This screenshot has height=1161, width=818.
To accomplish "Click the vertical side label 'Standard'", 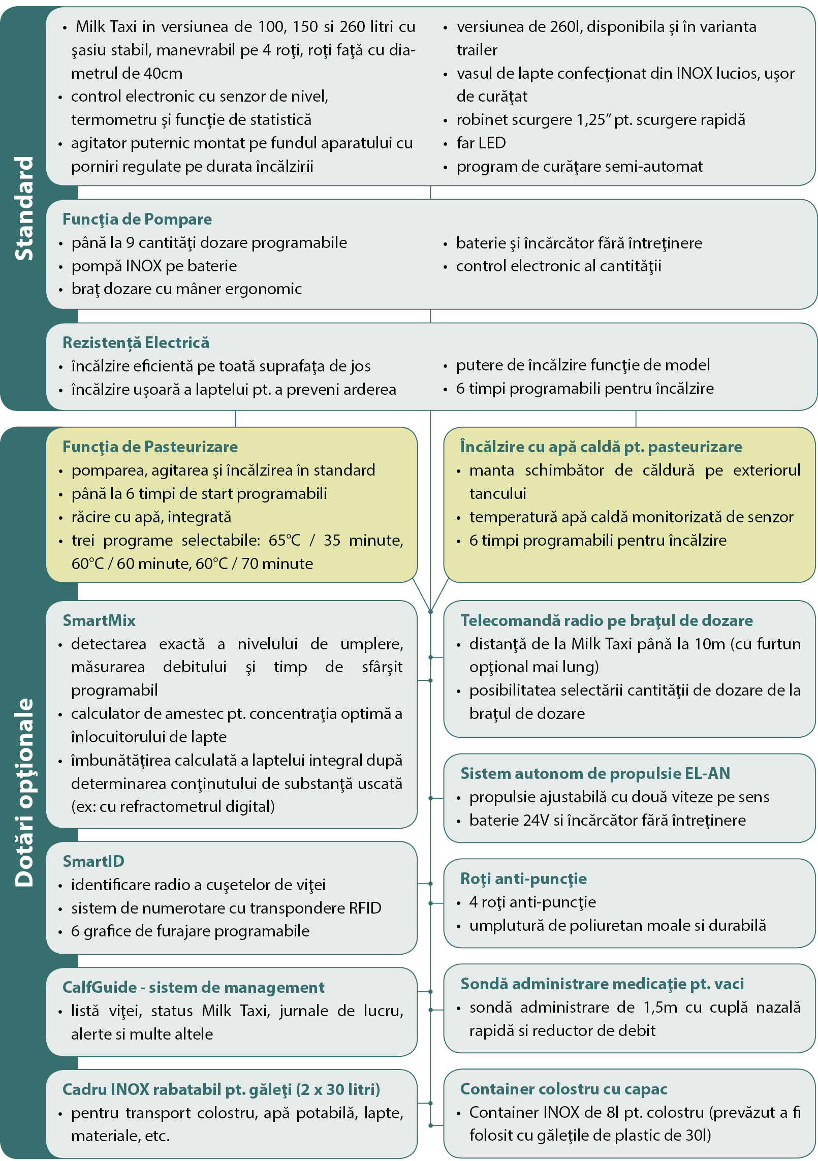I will point(24,208).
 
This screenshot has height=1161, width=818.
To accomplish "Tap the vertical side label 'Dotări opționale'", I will point(24,793).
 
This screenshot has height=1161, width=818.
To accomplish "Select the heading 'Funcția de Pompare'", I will point(137,219).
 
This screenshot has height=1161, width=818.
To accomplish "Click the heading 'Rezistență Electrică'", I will point(136,342).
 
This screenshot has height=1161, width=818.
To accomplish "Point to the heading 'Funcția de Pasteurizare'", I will point(150,447).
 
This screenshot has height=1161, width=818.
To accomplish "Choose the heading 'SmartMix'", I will point(99,620).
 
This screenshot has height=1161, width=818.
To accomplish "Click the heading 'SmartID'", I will point(93,861).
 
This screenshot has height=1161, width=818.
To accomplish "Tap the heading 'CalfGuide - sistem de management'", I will point(193,987).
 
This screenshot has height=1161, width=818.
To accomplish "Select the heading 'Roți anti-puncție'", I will point(523,878).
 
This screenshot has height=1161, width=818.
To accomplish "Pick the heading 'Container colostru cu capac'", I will point(563,1089).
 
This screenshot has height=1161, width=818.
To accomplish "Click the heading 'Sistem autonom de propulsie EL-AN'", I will point(595,773).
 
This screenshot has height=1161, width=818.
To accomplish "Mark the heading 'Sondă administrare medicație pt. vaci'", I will point(602,984).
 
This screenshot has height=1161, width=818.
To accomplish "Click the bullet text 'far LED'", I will point(481,143).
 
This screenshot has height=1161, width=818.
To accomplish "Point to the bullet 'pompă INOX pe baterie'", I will point(154,266).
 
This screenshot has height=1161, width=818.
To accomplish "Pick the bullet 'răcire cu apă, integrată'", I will point(151,517).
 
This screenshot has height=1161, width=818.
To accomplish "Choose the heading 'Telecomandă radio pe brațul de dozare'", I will point(607,620).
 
